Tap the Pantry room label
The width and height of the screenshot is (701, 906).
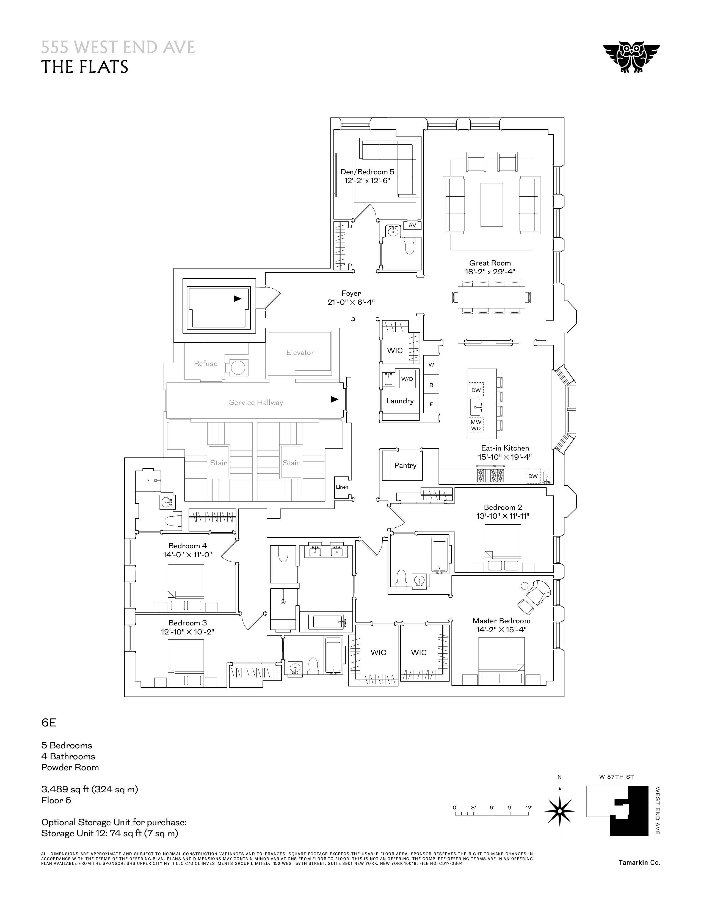tap(405, 465)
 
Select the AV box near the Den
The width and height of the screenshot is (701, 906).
tap(412, 225)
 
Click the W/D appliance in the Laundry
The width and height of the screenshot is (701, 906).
tap(407, 379)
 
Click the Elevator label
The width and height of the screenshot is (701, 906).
tap(300, 353)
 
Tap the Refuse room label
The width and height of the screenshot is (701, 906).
tap(206, 364)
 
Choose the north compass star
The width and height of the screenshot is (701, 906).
tap(559, 811)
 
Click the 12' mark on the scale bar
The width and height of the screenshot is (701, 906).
tap(528, 808)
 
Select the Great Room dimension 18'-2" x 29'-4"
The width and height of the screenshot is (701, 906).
tap(490, 272)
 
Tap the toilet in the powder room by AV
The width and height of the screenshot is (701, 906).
tap(410, 246)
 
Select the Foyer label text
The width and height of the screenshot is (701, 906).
tap(351, 293)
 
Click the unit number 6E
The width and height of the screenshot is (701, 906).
tap(49, 723)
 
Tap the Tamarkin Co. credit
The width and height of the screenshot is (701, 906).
tap(639, 862)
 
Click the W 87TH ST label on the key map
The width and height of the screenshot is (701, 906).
tap(616, 777)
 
